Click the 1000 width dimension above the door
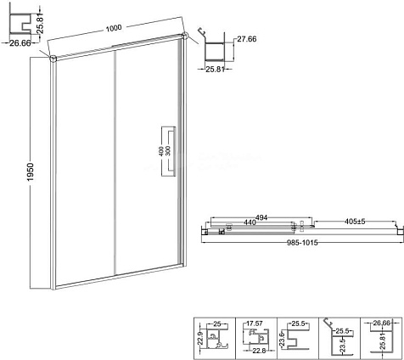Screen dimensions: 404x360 114,28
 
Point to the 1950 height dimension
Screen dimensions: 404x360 30,172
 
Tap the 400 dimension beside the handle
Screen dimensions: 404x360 160,151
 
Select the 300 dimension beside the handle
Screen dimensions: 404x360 167,151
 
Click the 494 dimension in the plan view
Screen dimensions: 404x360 261,217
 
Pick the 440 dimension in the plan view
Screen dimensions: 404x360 250,222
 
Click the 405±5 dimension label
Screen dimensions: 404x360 355,222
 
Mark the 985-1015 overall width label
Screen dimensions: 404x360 302,243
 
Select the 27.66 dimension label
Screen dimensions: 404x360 247,39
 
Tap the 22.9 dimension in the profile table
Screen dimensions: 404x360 201,339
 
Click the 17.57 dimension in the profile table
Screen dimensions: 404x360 255,323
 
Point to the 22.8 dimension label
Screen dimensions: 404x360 259,351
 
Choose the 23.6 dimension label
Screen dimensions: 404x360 282,336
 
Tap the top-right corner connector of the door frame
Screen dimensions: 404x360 185,36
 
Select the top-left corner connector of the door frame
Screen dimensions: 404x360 53,59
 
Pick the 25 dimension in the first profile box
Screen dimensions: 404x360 217,323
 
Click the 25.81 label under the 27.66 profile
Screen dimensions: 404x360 215,69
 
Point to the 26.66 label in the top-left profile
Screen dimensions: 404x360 20,43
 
